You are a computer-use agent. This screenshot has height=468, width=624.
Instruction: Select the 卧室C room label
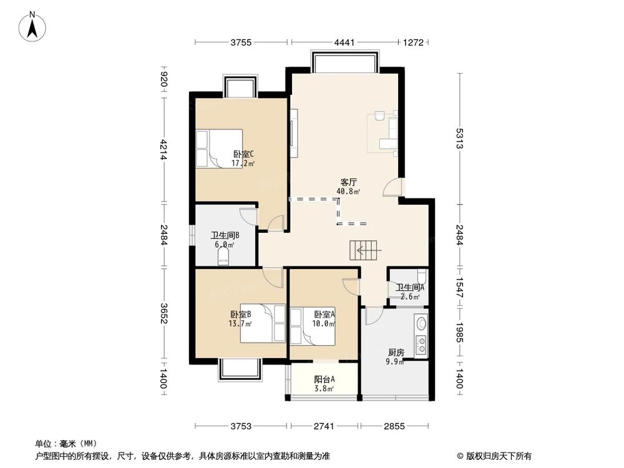(243, 154)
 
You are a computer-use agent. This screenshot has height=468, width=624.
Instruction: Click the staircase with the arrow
(364, 251)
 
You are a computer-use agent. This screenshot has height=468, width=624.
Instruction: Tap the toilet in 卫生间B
(224, 256)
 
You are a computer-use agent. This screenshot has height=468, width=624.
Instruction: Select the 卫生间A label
(410, 287)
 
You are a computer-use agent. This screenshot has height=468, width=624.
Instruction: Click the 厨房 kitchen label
(395, 353)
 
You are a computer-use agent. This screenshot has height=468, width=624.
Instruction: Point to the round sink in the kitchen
(421, 324)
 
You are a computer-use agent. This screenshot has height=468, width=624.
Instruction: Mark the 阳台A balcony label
(324, 379)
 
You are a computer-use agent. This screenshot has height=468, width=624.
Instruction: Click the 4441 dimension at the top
(344, 42)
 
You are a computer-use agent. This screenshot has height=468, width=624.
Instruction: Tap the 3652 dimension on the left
(164, 313)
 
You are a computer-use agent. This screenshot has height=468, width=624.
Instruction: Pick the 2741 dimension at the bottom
(324, 426)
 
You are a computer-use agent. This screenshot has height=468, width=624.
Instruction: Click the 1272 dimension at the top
(414, 42)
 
